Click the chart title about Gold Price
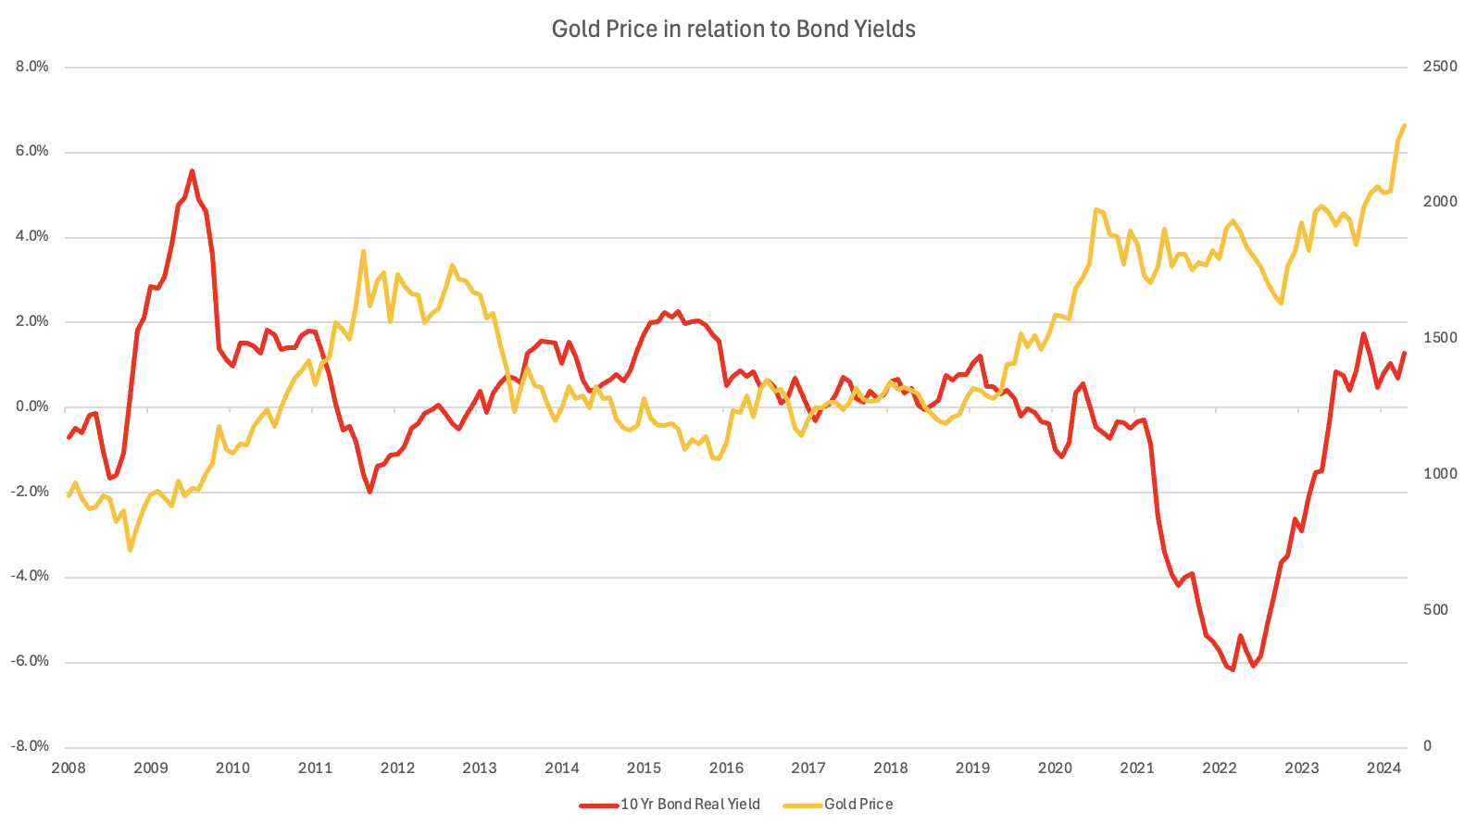point(733,30)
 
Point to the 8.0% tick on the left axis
point(31,67)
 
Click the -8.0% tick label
point(31,746)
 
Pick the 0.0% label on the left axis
point(31,406)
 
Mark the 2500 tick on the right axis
point(1439,67)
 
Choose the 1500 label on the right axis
point(1439,338)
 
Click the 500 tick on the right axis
point(1435,610)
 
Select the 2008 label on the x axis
point(69,768)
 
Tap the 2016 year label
point(726,768)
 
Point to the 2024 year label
point(1384,768)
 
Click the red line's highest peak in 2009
point(192,171)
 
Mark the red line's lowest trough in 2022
point(1233,669)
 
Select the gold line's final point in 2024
point(1405,125)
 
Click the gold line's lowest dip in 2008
point(130,550)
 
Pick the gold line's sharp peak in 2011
point(363,251)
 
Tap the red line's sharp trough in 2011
point(369,492)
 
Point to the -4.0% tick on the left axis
point(31,576)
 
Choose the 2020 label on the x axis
point(1055,768)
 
